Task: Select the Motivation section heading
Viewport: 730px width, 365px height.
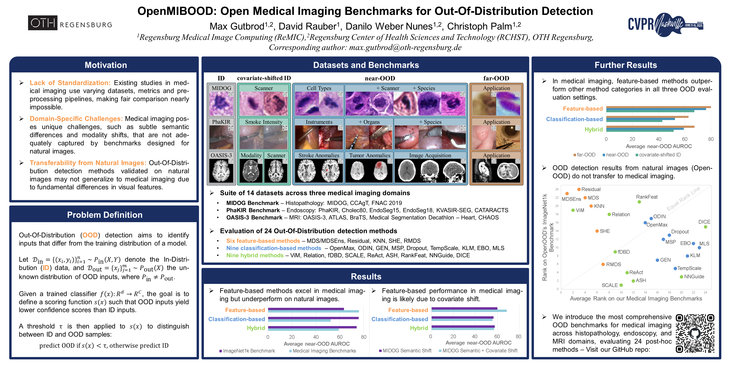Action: pyautogui.click(x=106, y=65)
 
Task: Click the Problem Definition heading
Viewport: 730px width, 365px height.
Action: pyautogui.click(x=105, y=215)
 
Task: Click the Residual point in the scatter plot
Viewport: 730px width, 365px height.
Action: pyautogui.click(x=579, y=189)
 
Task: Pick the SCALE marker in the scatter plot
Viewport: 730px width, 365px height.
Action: pyautogui.click(x=621, y=285)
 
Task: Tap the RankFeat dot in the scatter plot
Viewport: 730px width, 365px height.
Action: pyautogui.click(x=639, y=202)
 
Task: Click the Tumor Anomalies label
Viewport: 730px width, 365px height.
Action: pyautogui.click(x=370, y=155)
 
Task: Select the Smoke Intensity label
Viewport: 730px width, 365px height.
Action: pyautogui.click(x=264, y=122)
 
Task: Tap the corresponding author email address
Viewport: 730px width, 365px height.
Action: pyautogui.click(x=405, y=47)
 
